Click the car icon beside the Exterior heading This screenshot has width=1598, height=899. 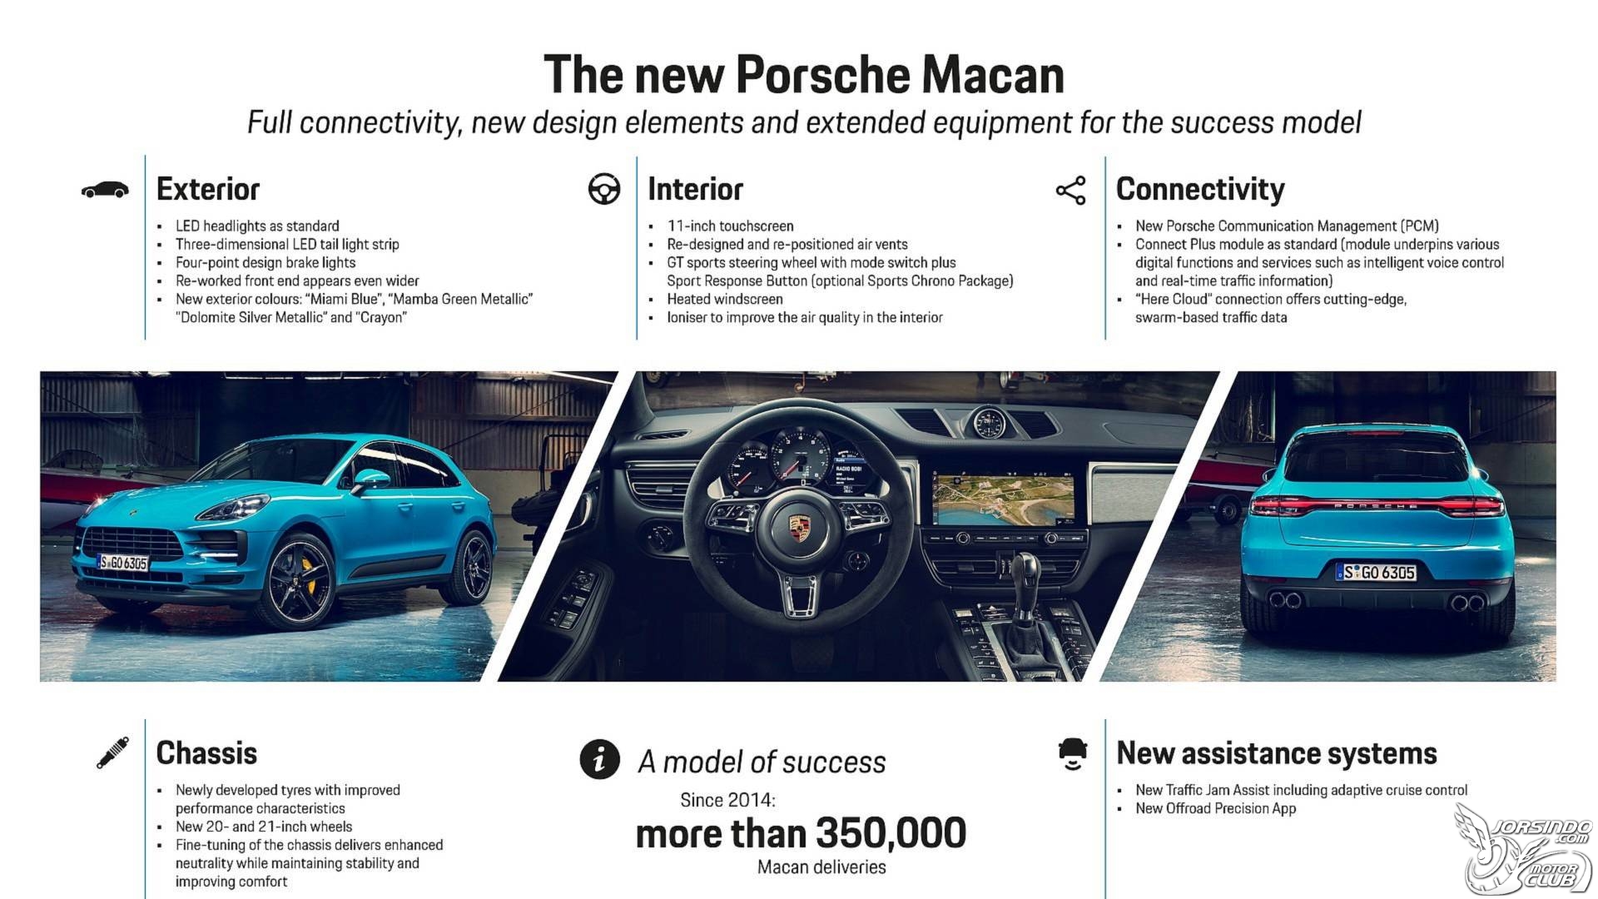[x=105, y=190]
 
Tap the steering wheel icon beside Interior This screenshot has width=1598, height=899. [x=604, y=189]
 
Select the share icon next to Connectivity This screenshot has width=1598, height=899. [x=1071, y=191]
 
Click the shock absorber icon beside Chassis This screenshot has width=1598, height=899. [x=112, y=752]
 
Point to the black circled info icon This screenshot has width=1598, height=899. [x=599, y=759]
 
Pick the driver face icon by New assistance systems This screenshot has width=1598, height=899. [x=1073, y=753]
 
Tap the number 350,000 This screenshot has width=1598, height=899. [x=891, y=833]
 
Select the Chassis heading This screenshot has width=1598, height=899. [x=206, y=752]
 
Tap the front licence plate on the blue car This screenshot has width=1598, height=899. [x=123, y=563]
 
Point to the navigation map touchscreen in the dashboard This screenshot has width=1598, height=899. [x=1002, y=500]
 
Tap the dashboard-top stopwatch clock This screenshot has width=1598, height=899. [x=988, y=422]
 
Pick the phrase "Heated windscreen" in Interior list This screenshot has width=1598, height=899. [x=725, y=299]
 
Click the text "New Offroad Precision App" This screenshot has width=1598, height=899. [x=1215, y=808]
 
